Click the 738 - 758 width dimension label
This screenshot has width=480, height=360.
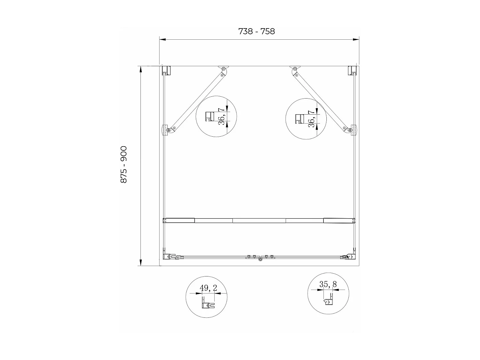coord(256,31)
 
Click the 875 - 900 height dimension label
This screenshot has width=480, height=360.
coord(124,165)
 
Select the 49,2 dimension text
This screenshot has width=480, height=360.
coord(208,288)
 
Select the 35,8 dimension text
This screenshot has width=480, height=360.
coord(328,284)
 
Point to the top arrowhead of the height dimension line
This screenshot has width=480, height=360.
coord(140,69)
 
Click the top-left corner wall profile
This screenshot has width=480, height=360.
coord(166,70)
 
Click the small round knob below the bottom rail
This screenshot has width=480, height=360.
coord(260,260)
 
